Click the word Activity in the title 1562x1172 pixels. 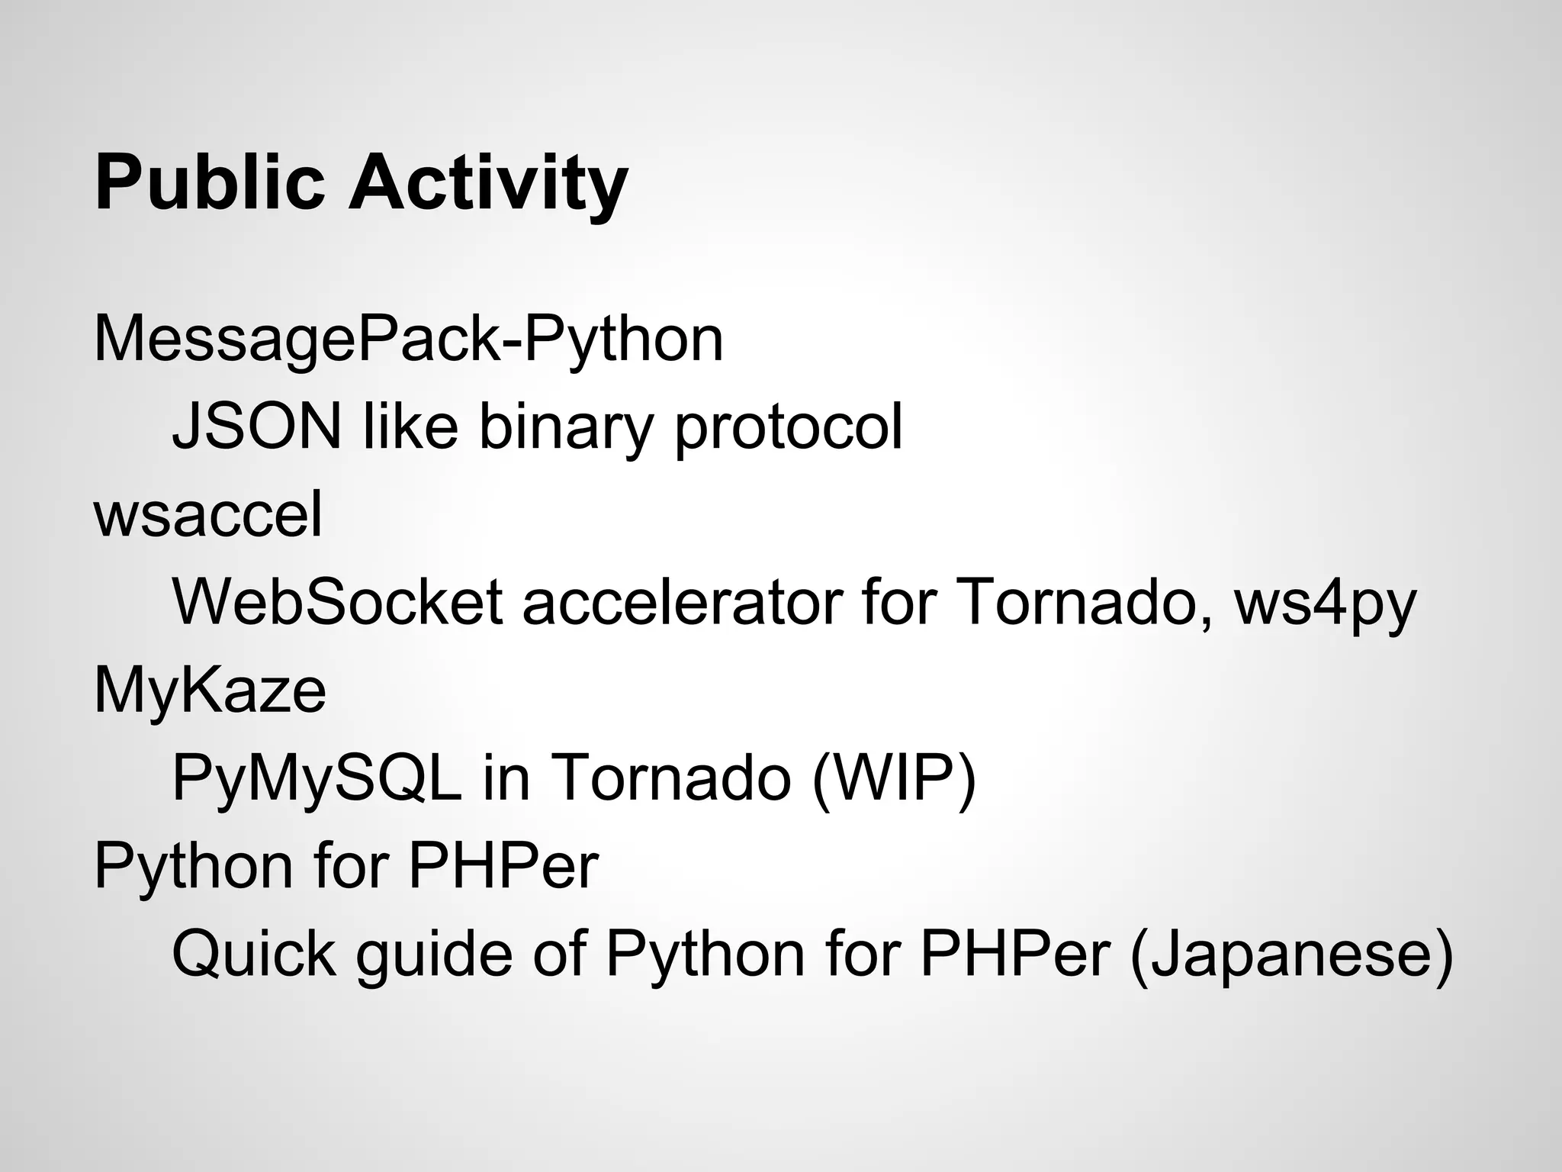(x=488, y=183)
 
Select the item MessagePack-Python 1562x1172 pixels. (x=408, y=340)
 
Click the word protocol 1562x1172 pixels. (x=789, y=427)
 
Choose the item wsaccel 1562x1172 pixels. (x=208, y=515)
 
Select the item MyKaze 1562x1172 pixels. (x=210, y=691)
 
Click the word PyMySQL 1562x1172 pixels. (x=317, y=778)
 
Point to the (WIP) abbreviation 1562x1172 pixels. (x=894, y=778)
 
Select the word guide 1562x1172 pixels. (x=433, y=955)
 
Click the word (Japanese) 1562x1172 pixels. (x=1290, y=955)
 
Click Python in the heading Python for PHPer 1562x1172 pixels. (x=194, y=868)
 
